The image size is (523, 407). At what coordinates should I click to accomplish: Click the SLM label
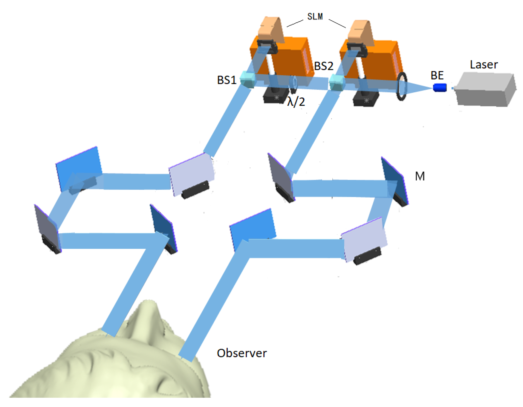pyautogui.click(x=315, y=16)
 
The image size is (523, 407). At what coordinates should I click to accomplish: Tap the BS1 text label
pyautogui.click(x=227, y=80)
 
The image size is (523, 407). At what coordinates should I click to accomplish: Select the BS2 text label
pyautogui.click(x=324, y=66)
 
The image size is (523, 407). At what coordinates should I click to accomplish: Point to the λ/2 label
pyautogui.click(x=296, y=102)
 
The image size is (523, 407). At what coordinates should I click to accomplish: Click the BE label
pyautogui.click(x=437, y=75)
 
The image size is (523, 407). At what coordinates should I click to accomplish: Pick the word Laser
pyautogui.click(x=484, y=65)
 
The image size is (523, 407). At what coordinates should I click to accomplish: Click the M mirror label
pyautogui.click(x=420, y=176)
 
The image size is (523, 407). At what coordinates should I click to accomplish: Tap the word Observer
pyautogui.click(x=241, y=353)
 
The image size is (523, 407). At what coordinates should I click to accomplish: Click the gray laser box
pyautogui.click(x=486, y=90)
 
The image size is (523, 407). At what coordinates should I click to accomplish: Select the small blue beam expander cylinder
pyautogui.click(x=440, y=88)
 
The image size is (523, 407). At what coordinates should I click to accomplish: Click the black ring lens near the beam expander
pyautogui.click(x=402, y=86)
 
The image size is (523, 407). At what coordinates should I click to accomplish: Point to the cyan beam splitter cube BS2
pyautogui.click(x=337, y=82)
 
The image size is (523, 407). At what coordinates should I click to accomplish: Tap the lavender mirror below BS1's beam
pyautogui.click(x=191, y=173)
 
